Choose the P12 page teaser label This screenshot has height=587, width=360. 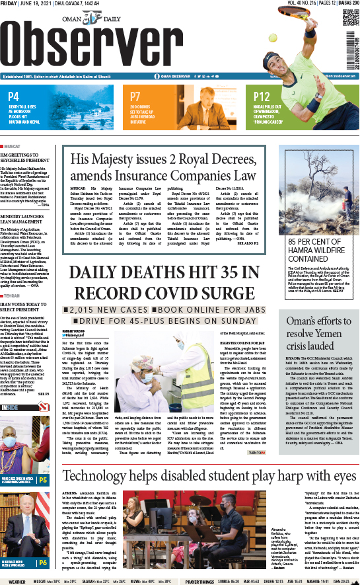click(x=262, y=97)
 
